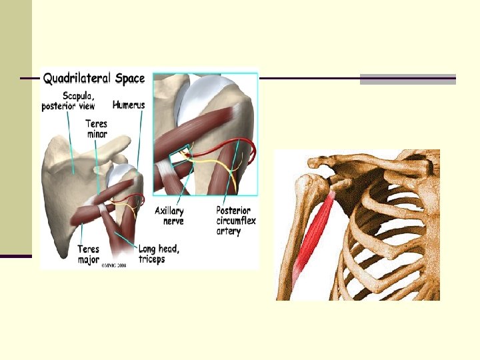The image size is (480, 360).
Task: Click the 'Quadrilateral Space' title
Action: [x=94, y=79]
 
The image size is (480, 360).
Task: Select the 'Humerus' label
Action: [x=127, y=105]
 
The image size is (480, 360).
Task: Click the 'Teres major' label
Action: [x=88, y=253]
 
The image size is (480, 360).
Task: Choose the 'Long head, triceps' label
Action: [x=159, y=253]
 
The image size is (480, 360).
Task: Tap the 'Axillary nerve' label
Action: [x=169, y=215]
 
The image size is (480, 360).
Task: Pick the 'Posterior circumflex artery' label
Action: [x=235, y=221]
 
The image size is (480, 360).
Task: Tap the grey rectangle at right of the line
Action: [x=407, y=79]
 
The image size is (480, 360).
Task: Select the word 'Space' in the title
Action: [x=129, y=79]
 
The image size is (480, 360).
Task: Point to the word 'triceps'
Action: [x=152, y=259]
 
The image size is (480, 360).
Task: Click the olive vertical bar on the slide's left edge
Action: [x=16, y=127]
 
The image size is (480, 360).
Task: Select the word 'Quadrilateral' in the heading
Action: [x=77, y=79]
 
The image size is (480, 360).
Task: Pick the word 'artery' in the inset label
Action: [x=229, y=231]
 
